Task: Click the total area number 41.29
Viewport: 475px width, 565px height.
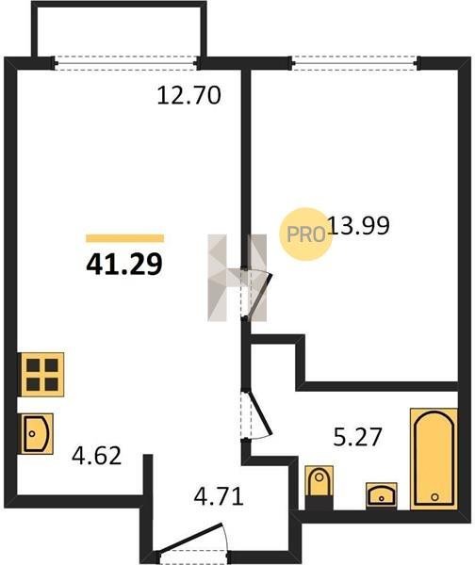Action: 124,265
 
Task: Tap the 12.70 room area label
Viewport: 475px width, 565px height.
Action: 189,96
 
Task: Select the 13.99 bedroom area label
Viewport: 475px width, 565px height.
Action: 359,226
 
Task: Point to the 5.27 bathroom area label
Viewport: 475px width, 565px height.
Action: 357,437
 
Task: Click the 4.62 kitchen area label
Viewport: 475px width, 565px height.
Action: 96,456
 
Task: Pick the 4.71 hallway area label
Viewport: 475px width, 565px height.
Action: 219,496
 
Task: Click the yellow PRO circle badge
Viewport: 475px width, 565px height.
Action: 306,234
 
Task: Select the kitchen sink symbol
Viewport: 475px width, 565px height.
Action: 37,433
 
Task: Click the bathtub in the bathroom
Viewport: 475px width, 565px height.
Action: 434,459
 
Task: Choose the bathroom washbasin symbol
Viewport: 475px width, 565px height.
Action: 382,496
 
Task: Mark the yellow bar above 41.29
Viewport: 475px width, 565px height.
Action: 124,238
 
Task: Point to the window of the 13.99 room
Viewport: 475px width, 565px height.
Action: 355,63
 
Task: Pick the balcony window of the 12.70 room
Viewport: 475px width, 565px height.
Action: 126,63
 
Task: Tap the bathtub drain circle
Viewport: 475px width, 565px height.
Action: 434,497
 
